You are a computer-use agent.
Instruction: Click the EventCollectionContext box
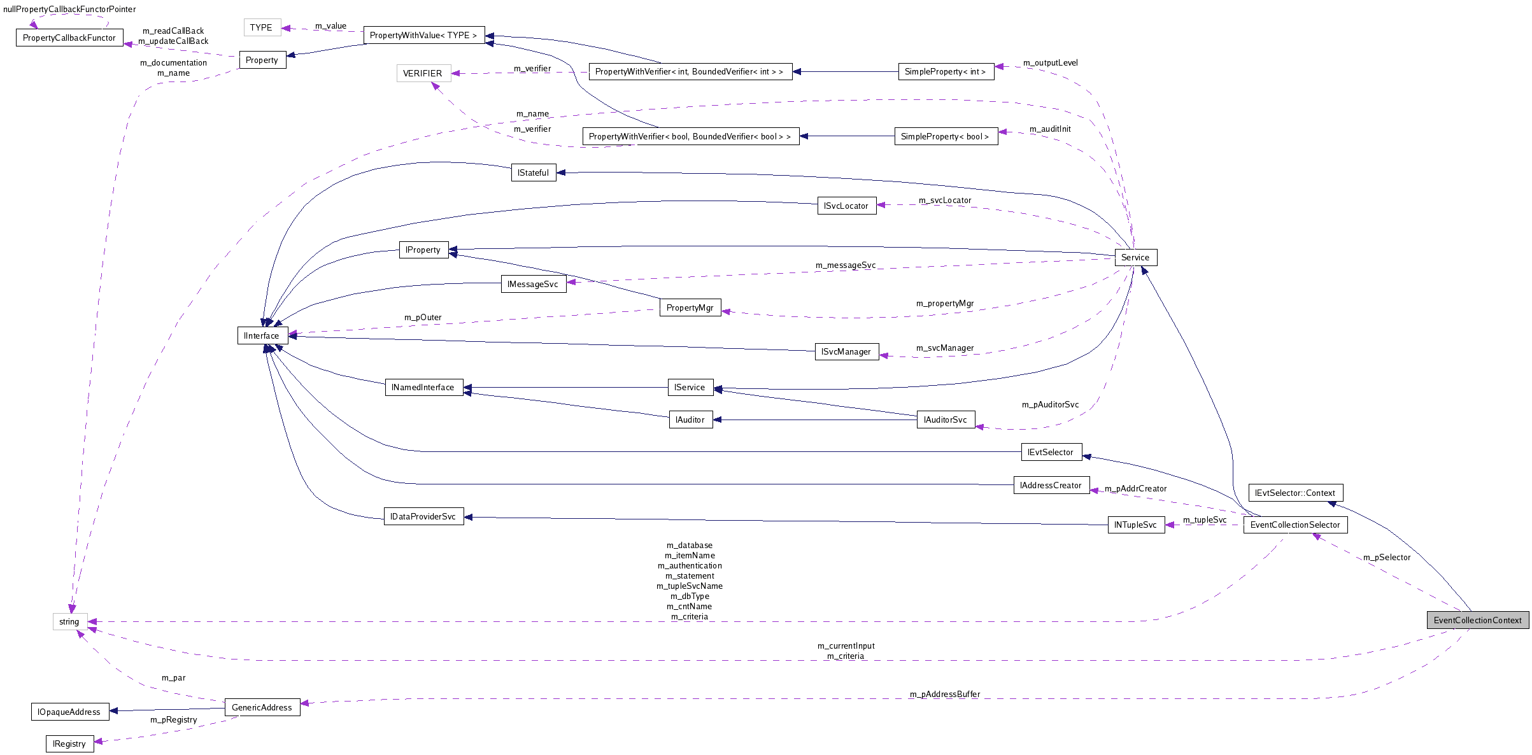pos(1477,620)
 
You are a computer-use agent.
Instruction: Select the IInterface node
pos(262,335)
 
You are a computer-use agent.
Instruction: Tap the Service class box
pos(1135,257)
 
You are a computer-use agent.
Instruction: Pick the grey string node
pos(69,621)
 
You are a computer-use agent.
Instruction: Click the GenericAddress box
pos(262,707)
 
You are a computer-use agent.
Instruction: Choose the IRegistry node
pos(69,744)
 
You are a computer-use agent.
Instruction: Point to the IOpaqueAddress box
pos(69,712)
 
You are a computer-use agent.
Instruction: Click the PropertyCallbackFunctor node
pos(69,38)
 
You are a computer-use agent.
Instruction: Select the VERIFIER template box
pos(423,73)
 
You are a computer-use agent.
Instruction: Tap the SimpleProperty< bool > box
pos(946,136)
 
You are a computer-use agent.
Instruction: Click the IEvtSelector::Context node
pos(1295,493)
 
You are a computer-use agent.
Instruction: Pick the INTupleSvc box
pos(1136,525)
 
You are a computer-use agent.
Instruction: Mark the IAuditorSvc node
pos(946,420)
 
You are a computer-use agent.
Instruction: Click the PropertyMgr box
pos(690,307)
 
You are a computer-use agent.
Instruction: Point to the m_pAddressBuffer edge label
pos(945,694)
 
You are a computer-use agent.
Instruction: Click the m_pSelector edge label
pos(1387,557)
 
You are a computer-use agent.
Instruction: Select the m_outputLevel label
pos(1051,62)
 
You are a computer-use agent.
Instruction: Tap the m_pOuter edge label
pos(423,317)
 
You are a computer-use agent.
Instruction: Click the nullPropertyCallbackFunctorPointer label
pos(69,9)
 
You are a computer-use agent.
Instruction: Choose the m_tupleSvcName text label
pos(690,586)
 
